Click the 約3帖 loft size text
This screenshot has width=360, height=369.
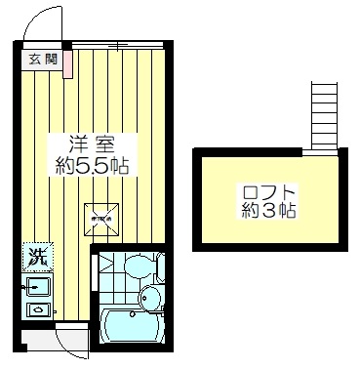268,210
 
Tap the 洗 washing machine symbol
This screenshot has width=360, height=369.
35,259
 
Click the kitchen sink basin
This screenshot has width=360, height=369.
38,287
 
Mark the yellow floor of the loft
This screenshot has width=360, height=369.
234,229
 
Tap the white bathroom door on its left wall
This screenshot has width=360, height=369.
95,283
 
